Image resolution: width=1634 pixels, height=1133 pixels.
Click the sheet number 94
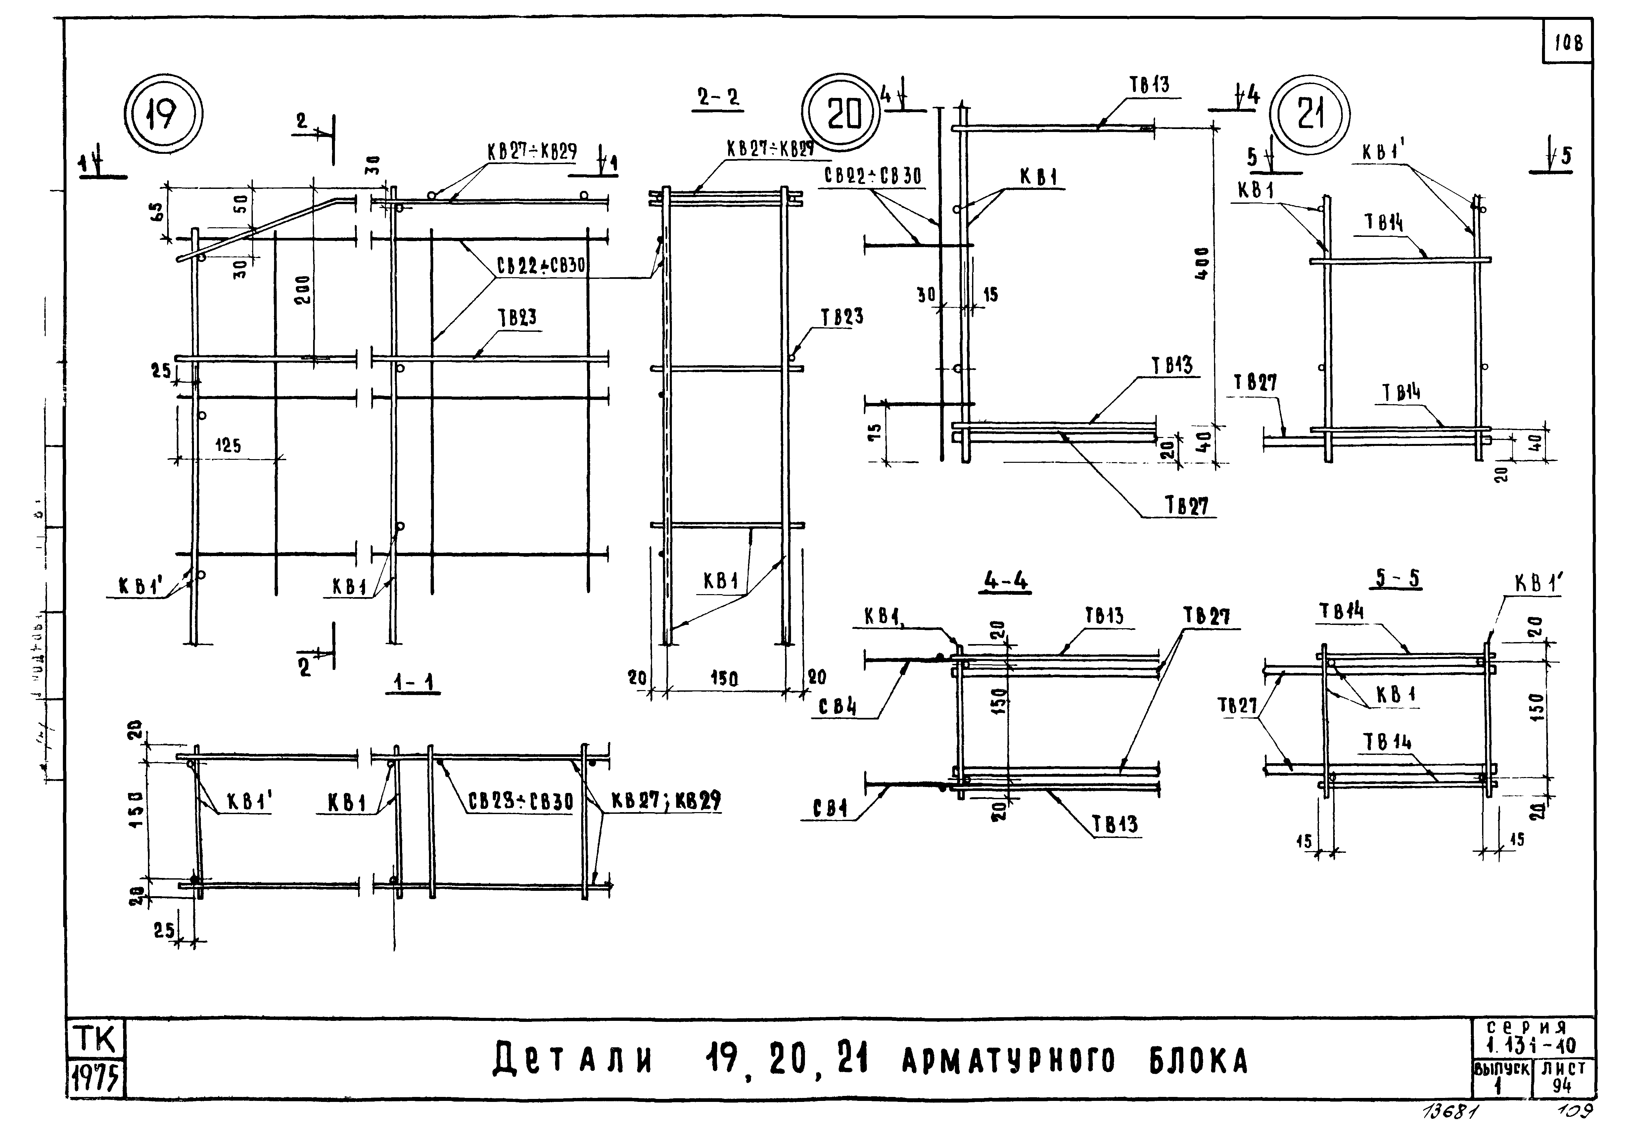click(1562, 1086)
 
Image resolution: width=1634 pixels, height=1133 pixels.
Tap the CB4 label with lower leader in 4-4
click(831, 809)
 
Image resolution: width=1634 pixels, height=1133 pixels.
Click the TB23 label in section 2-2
click(842, 317)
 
